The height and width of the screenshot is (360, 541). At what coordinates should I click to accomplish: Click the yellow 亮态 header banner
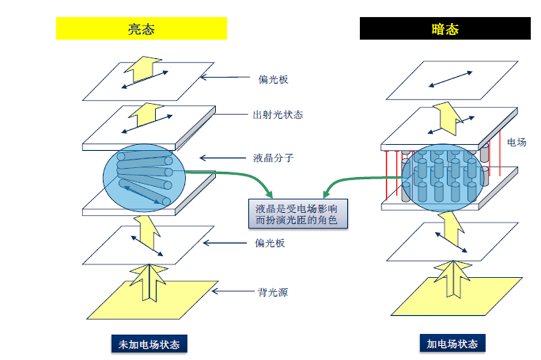point(141,29)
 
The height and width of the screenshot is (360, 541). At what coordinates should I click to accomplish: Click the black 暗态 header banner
point(445,29)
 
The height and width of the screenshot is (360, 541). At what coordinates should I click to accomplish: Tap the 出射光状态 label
point(277,115)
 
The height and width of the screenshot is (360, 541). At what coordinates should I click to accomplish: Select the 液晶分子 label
point(273,157)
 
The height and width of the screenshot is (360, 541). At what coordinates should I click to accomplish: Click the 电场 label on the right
point(516,142)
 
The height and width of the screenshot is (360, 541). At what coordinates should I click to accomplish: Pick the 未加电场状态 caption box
point(149,344)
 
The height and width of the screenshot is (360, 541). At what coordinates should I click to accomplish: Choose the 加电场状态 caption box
point(452,343)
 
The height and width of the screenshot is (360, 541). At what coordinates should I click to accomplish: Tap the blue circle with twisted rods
point(144,177)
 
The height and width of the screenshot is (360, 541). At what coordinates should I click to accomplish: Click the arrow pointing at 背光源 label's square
point(227,292)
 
